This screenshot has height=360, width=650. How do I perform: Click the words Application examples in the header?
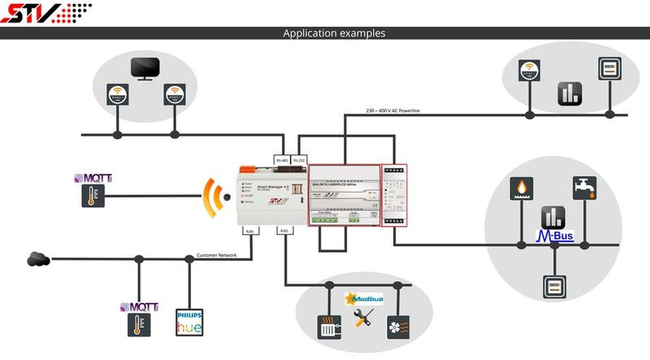[x=334, y=33]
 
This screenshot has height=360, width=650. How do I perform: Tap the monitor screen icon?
[x=145, y=70]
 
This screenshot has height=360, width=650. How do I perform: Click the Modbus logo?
[x=364, y=299]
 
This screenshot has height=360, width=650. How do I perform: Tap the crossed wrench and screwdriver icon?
[x=363, y=319]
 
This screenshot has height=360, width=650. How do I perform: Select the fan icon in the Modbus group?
[x=397, y=327]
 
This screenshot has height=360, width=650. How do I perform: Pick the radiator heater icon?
[x=327, y=327]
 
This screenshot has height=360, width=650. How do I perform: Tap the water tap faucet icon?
[x=583, y=188]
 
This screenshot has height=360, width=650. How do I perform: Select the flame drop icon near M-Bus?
[x=521, y=188]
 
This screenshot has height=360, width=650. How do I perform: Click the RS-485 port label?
[x=283, y=160]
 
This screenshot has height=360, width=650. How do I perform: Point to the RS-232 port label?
[x=300, y=160]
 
